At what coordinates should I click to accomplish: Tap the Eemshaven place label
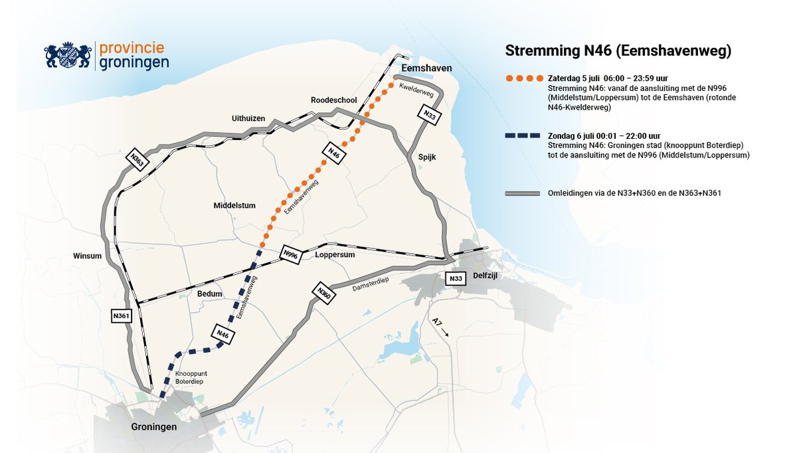(x=426, y=68)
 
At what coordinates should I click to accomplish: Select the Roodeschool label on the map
(x=334, y=100)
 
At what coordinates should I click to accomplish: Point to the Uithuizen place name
(x=248, y=118)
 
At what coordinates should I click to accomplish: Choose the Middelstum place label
(x=234, y=206)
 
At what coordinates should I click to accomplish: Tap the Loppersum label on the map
(x=335, y=254)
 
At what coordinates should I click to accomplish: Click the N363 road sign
(x=137, y=160)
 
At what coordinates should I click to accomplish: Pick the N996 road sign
(x=291, y=253)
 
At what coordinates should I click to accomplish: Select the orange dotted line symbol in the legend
(x=524, y=78)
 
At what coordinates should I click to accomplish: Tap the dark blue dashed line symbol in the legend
(x=524, y=136)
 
